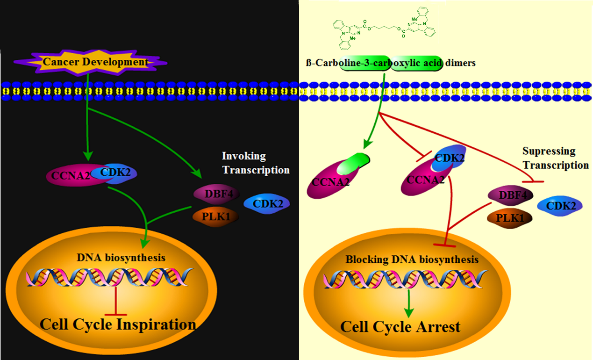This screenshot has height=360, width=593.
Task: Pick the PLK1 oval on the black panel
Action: coord(214,216)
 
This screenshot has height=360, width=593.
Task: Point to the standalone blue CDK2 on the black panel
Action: coord(266,203)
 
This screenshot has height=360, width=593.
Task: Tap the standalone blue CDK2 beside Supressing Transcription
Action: coord(560,205)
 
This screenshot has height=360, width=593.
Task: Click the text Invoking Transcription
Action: coord(256,162)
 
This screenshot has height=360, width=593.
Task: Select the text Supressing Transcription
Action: coord(555,158)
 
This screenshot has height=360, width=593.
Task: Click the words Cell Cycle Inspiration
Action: coord(117,324)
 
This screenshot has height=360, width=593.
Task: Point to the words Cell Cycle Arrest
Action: coord(400,326)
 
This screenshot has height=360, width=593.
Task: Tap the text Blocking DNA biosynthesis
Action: coord(412,259)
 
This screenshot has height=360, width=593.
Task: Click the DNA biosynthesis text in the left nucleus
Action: coord(121,257)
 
